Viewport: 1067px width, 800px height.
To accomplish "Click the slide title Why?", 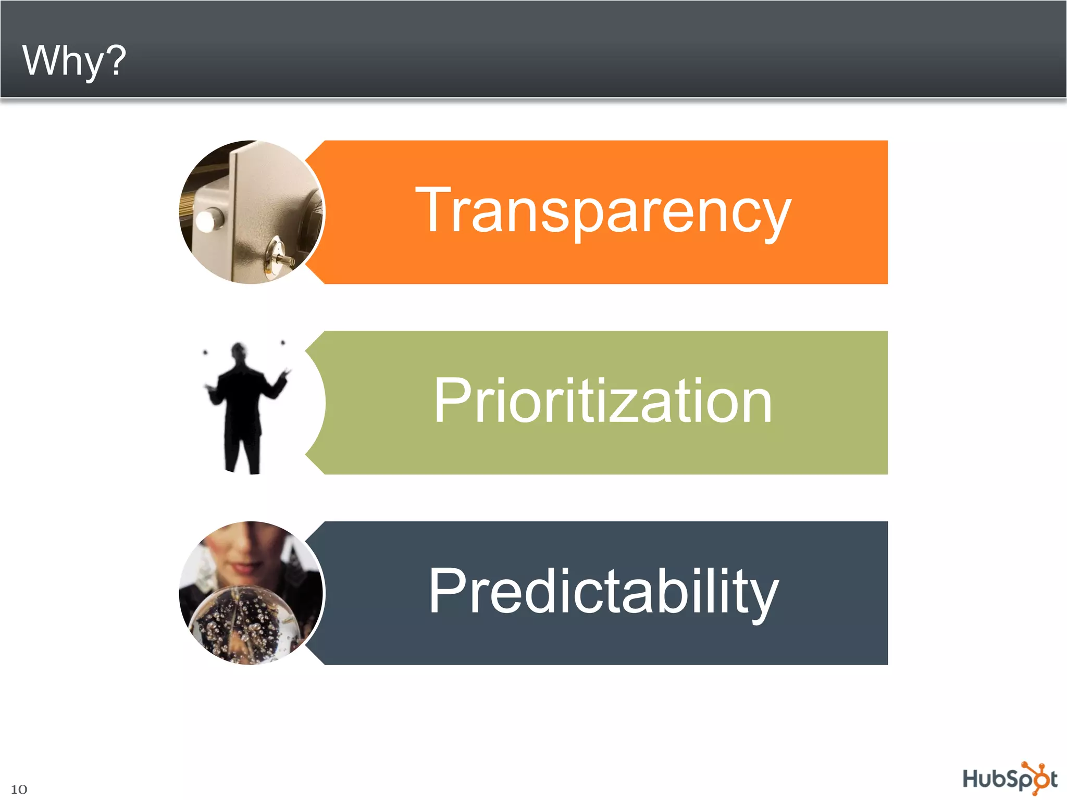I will pyautogui.click(x=74, y=60).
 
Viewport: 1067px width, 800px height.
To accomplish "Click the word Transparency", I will pyautogui.click(x=603, y=210).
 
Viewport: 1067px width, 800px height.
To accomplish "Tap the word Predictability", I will pyautogui.click(x=603, y=591).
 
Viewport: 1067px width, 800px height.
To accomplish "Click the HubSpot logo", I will pyautogui.click(x=1009, y=779).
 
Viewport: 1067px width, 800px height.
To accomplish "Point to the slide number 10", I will pyautogui.click(x=19, y=789).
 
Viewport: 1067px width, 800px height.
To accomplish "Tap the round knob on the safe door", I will pyautogui.click(x=209, y=220).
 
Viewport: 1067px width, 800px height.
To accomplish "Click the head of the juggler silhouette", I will pyautogui.click(x=239, y=352).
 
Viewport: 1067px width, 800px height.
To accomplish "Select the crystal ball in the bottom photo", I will pyautogui.click(x=245, y=625).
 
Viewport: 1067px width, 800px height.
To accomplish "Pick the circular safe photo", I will pyautogui.click(x=252, y=212).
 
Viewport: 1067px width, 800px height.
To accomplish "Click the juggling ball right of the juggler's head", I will pyautogui.click(x=283, y=343).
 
